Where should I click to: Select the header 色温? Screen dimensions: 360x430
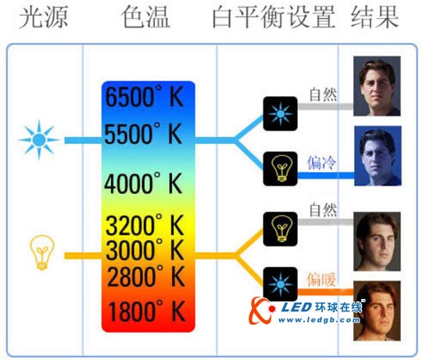(x=146, y=16)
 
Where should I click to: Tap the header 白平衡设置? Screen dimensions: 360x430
(x=274, y=16)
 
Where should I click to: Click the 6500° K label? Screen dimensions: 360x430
(x=146, y=99)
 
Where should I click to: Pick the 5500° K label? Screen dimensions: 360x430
(x=146, y=134)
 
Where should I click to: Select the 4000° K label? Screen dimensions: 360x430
(x=146, y=184)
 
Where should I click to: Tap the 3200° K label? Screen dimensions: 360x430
(x=146, y=228)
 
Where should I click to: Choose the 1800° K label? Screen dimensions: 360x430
(x=146, y=311)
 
